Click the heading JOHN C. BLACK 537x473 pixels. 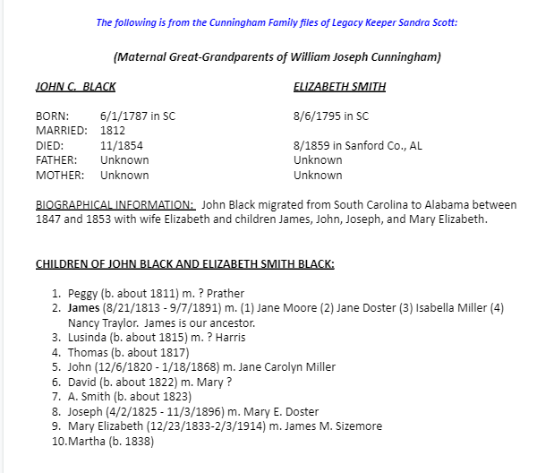(75, 87)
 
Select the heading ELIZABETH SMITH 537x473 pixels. (339, 87)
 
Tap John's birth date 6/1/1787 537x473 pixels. (121, 116)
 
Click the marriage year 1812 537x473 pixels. (113, 131)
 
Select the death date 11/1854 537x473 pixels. (121, 145)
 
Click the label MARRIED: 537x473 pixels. (61, 131)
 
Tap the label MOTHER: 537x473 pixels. (60, 175)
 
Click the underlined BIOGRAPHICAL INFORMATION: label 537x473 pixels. (115, 204)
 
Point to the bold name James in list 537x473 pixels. (83, 307)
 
